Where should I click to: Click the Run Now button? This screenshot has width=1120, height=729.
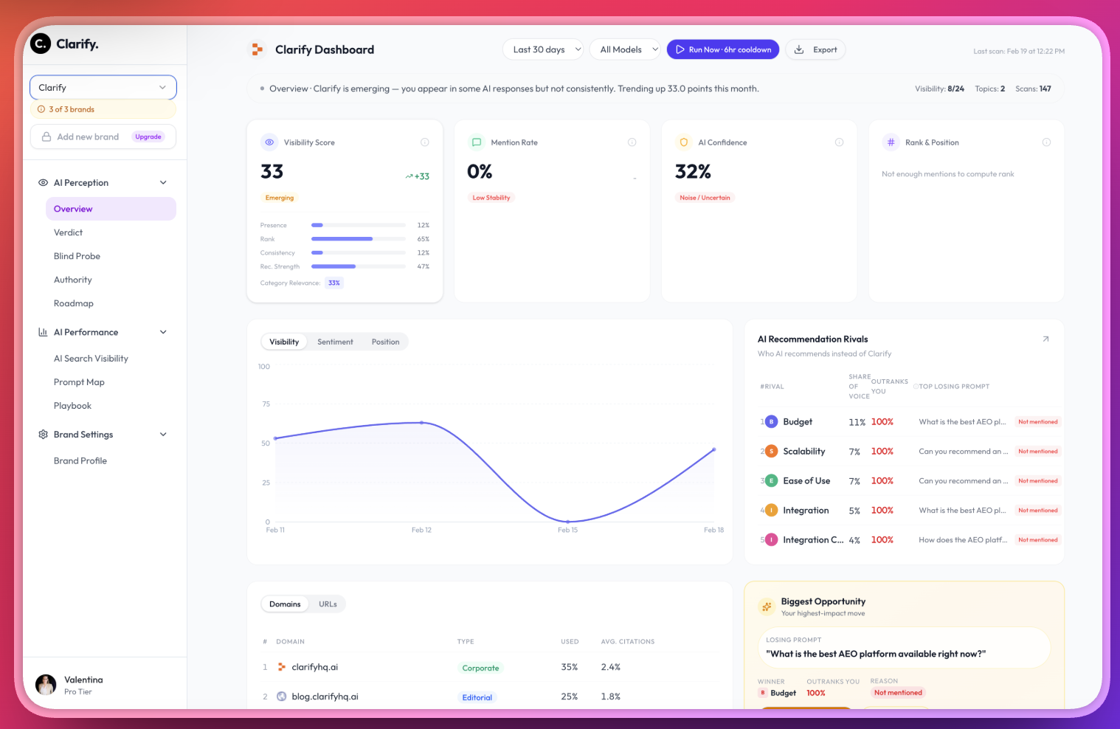722,49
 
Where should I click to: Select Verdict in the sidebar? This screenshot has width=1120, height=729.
68,232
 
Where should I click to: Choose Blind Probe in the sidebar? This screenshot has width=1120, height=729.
77,256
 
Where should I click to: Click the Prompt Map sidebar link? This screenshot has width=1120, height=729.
79,382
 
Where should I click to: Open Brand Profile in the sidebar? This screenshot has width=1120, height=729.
80,460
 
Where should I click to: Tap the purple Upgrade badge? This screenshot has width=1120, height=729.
148,137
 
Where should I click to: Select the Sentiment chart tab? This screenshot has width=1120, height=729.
335,342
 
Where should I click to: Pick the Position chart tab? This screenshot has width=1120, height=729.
385,342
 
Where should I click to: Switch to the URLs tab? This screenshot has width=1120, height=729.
328,604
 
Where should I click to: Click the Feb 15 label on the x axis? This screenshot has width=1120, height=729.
567,530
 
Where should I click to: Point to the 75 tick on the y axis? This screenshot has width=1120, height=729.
266,404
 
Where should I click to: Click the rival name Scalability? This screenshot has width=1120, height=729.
803,452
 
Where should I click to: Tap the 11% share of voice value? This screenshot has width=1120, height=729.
857,422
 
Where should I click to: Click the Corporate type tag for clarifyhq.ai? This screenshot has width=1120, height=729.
480,668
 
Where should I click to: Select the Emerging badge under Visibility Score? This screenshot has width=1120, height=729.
280,198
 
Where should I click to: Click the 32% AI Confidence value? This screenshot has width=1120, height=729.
693,172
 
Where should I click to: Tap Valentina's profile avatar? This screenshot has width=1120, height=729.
46,685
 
